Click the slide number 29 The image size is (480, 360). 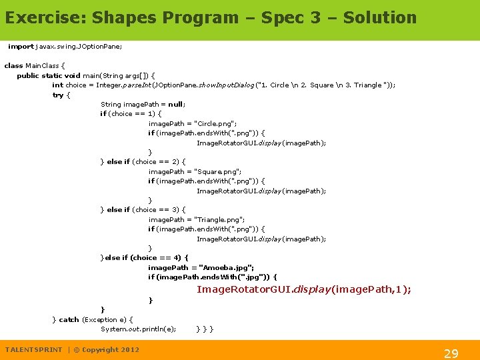click(451, 353)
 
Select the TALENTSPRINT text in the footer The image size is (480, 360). click(33, 349)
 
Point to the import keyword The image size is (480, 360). click(21, 47)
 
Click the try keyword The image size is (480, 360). click(57, 95)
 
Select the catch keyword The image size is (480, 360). click(69, 319)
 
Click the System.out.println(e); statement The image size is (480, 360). click(138, 329)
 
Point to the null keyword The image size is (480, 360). click(175, 104)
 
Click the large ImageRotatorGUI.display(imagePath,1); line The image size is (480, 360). click(303, 289)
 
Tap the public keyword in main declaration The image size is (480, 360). click(27, 75)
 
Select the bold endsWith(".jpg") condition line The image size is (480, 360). click(212, 277)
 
